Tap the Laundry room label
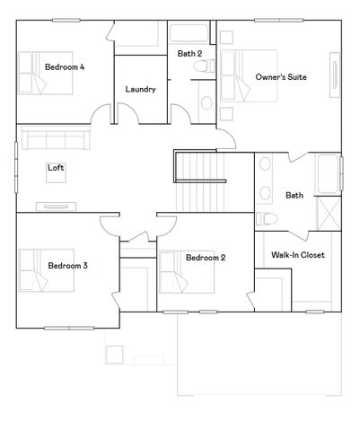(141, 89)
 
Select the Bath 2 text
(189, 54)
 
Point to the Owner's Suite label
(281, 77)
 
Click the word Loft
(56, 167)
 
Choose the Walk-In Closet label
(297, 255)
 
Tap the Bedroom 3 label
(67, 266)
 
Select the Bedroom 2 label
(206, 258)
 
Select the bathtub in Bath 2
(189, 35)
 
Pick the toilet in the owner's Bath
(268, 218)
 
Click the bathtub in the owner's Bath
(331, 172)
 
